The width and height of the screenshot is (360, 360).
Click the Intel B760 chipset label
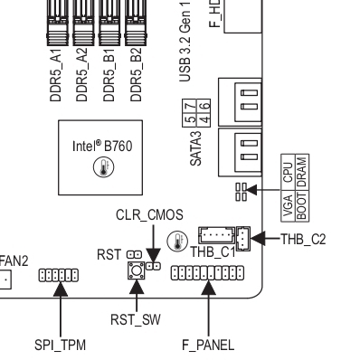[x=102, y=146]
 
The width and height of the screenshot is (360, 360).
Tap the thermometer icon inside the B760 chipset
[x=103, y=167]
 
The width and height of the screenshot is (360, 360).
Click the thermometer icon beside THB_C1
[x=177, y=242]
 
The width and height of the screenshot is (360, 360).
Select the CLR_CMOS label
[x=149, y=215]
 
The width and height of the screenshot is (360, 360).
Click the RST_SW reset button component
[x=137, y=270]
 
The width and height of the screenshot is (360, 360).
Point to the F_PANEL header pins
[x=208, y=273]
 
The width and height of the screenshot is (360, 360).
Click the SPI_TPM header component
[x=59, y=275]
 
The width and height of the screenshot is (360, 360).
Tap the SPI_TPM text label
[x=60, y=345]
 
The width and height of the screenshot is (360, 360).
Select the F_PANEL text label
[x=208, y=345]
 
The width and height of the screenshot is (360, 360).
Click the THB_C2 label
[x=303, y=240]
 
